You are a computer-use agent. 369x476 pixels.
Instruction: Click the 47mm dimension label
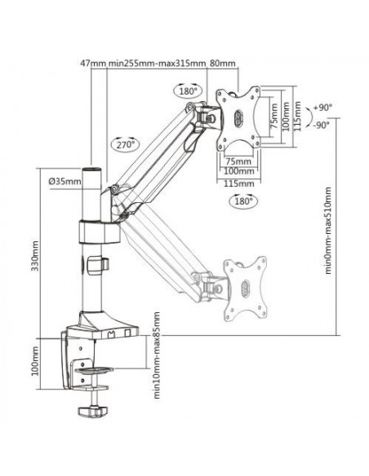coord(92,63)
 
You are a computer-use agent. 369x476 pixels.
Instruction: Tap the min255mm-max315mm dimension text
coord(157,63)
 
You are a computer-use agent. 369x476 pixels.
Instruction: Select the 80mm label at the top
coord(223,63)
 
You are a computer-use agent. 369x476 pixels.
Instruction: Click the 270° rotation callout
coord(126,144)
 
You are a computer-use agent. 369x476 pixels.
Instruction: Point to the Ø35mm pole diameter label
coord(64,182)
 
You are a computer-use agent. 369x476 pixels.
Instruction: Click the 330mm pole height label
coord(35,256)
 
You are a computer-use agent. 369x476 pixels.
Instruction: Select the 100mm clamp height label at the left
coord(35,360)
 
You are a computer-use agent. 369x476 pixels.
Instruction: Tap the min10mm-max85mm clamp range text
coord(156,355)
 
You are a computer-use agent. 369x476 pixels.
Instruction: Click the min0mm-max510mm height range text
coord(327,231)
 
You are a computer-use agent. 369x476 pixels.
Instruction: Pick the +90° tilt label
coord(322,107)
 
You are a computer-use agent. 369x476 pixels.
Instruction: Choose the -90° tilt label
coord(322,125)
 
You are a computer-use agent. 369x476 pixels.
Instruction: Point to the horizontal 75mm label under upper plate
coord(238,161)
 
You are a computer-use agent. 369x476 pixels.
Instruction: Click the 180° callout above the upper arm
coord(188,90)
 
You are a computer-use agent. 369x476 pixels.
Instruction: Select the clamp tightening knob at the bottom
coord(93,411)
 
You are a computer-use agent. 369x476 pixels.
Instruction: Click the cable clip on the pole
coord(98,266)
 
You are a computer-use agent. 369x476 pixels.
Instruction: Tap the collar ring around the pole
coord(100,231)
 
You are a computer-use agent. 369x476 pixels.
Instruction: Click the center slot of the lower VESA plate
coord(245,287)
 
